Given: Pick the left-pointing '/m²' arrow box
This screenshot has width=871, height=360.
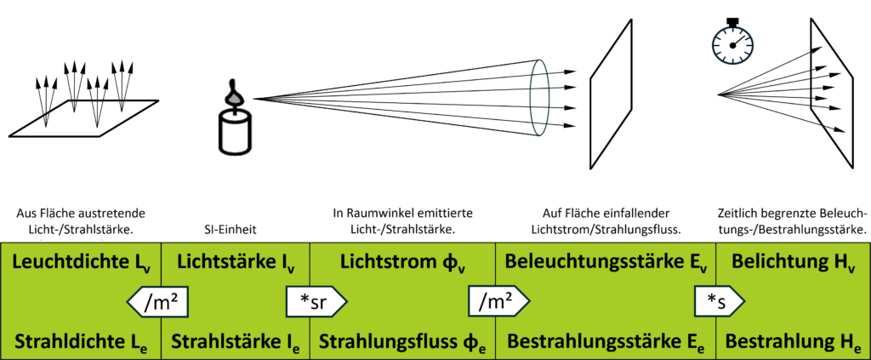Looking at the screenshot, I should point(158,300).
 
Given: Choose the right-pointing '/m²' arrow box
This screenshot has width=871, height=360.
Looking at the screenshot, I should point(498,300).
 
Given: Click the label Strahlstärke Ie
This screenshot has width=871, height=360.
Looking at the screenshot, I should point(235,340).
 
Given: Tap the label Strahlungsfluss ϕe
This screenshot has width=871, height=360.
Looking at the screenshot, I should point(401,340).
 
